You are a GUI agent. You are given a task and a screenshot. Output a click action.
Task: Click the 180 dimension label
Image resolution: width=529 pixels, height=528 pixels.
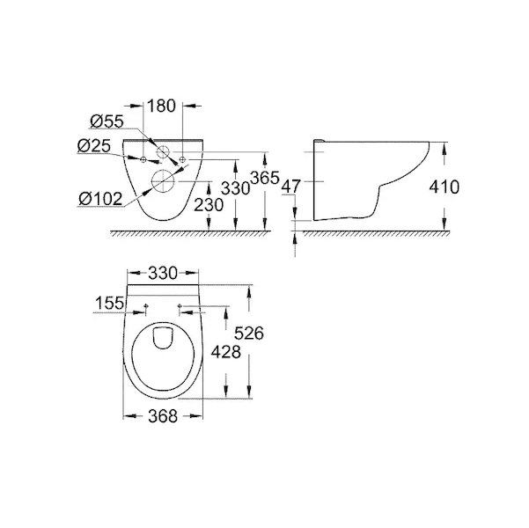point(162,106)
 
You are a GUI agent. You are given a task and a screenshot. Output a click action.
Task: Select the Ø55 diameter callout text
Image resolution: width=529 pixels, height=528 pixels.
point(107,121)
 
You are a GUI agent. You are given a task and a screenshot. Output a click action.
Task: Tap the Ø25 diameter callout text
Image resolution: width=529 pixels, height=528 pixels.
point(94,146)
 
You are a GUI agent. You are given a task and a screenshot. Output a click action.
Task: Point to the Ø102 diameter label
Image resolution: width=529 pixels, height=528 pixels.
point(100,199)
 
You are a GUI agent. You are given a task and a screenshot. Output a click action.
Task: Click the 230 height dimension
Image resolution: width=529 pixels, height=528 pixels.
point(209,205)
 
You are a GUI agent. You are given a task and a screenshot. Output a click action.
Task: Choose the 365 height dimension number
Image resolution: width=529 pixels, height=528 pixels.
point(265,178)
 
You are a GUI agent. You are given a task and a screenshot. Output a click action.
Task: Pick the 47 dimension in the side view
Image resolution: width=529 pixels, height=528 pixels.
point(290,187)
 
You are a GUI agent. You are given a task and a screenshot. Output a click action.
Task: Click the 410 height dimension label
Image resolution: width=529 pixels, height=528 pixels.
point(444,187)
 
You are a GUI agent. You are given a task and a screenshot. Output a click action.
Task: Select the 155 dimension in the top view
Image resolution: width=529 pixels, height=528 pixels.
point(110,303)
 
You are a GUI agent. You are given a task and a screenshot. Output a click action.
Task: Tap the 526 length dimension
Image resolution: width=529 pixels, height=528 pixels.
point(249,334)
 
